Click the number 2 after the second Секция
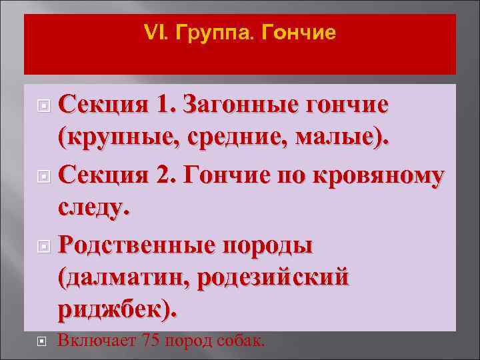(x=165, y=175)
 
